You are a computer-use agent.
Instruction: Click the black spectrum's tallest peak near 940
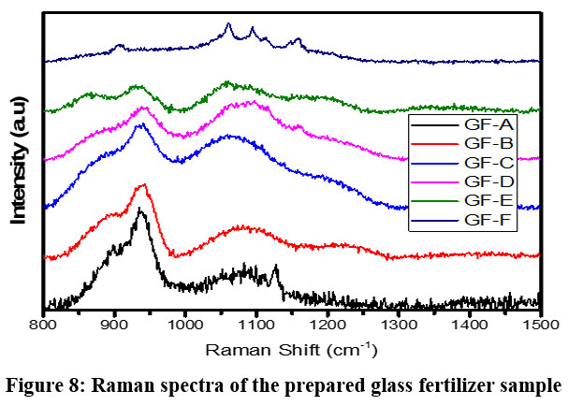point(139,210)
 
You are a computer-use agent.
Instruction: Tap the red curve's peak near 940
point(142,185)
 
